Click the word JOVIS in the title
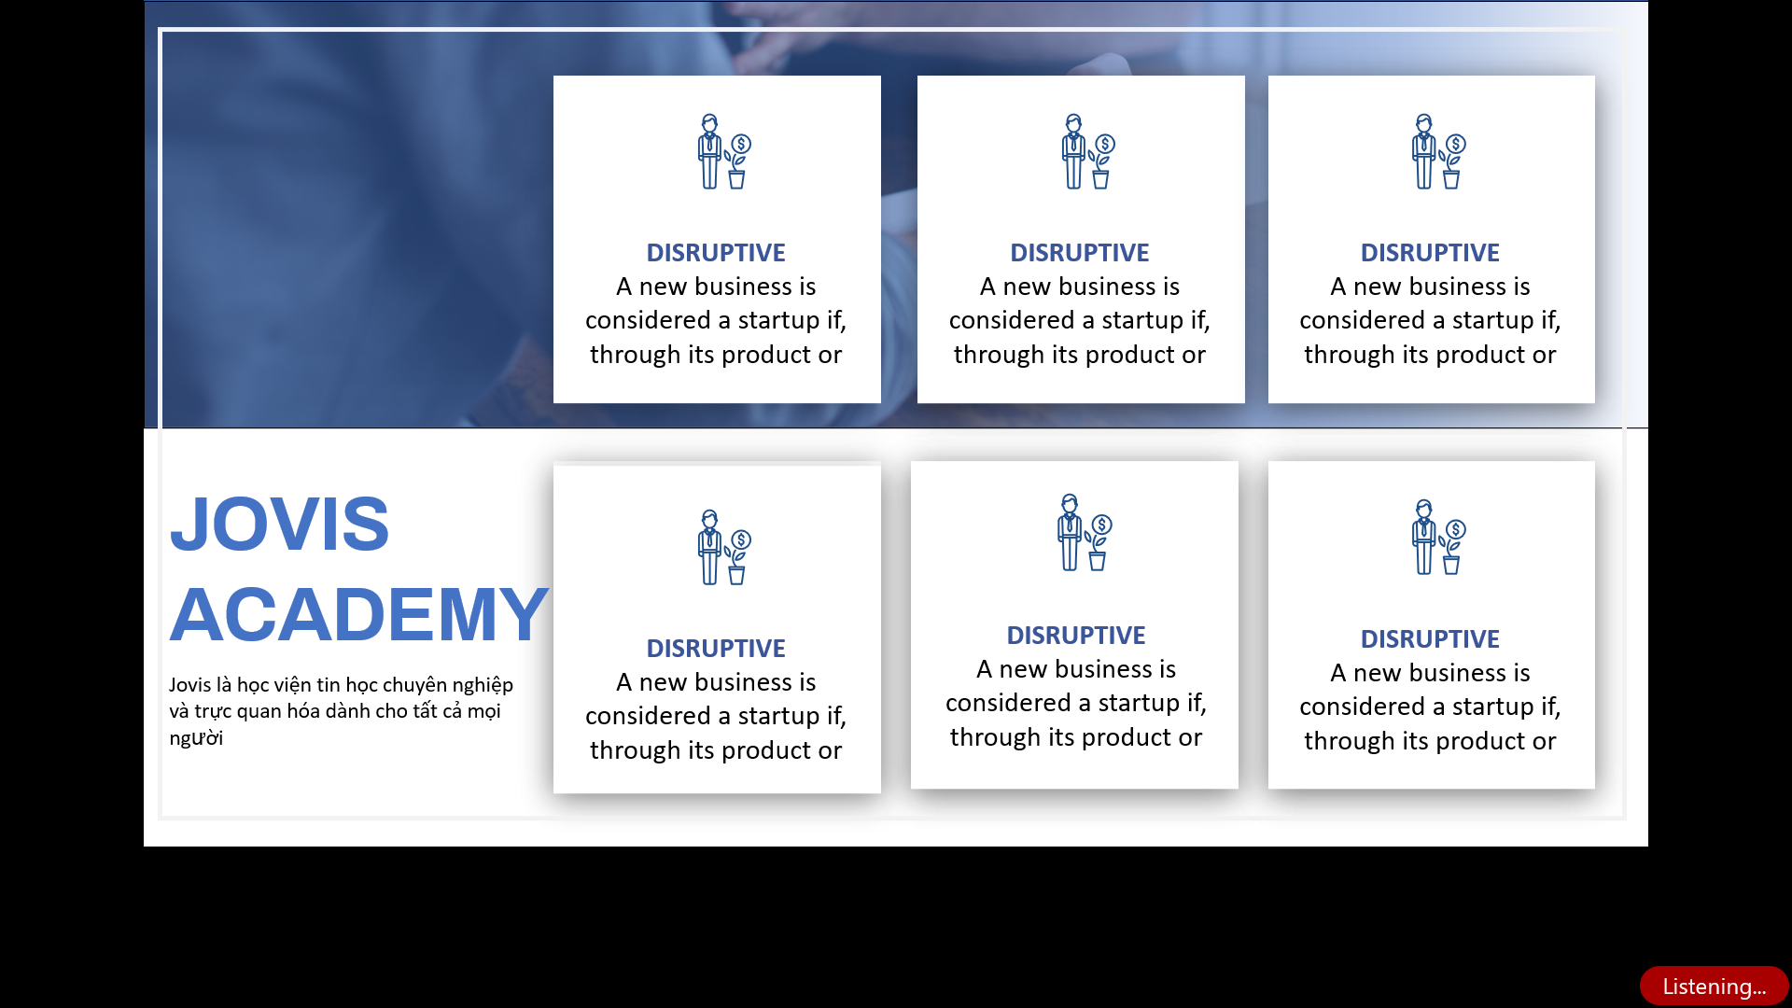pyautogui.click(x=279, y=524)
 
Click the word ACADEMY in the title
pyautogui.click(x=358, y=615)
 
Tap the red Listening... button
pyautogui.click(x=1714, y=986)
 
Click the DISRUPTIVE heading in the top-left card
pyautogui.click(x=716, y=253)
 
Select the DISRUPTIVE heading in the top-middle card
pyautogui.click(x=1080, y=253)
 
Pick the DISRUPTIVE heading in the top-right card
pyautogui.click(x=1430, y=253)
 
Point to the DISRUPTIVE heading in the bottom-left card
pyautogui.click(x=716, y=649)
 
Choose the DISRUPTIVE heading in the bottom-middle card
pyautogui.click(x=1076, y=636)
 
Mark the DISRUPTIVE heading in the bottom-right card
pyautogui.click(x=1430, y=639)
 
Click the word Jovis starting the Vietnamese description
pyautogui.click(x=190, y=685)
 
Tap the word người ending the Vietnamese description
pyautogui.click(x=196, y=738)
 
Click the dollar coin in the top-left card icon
pyautogui.click(x=741, y=144)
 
